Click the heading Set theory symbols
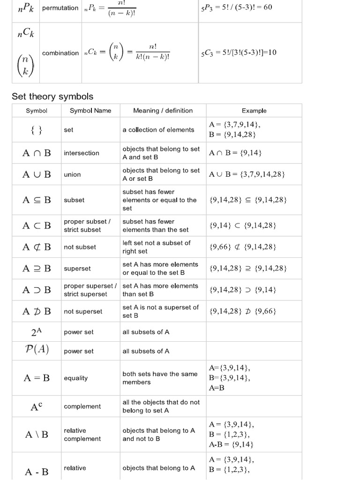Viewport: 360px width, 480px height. [x=52, y=97]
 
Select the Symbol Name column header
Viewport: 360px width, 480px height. [x=90, y=111]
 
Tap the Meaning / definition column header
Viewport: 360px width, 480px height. [x=163, y=111]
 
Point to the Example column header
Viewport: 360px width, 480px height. [x=254, y=111]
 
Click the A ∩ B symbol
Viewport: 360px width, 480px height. [x=37, y=153]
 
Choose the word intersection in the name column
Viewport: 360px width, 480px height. [x=82, y=153]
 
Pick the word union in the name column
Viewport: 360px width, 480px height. [x=72, y=174]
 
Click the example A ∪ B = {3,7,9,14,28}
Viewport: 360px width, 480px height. [x=247, y=174]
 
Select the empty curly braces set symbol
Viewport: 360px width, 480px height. [x=37, y=130]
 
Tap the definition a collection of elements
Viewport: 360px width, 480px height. [x=158, y=130]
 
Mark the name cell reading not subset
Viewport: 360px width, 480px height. [x=80, y=247]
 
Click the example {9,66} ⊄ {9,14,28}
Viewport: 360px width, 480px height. [x=243, y=247]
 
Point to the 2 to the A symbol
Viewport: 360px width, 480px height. [x=37, y=332]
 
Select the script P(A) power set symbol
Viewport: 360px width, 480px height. [x=37, y=351]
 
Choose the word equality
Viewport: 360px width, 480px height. [x=75, y=378]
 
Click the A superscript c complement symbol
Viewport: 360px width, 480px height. [x=37, y=407]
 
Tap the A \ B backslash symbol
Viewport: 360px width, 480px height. [x=37, y=435]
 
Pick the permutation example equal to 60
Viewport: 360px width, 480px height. [x=236, y=7]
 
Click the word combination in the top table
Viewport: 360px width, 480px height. [x=60, y=53]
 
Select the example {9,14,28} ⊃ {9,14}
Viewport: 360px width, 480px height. [x=243, y=290]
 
